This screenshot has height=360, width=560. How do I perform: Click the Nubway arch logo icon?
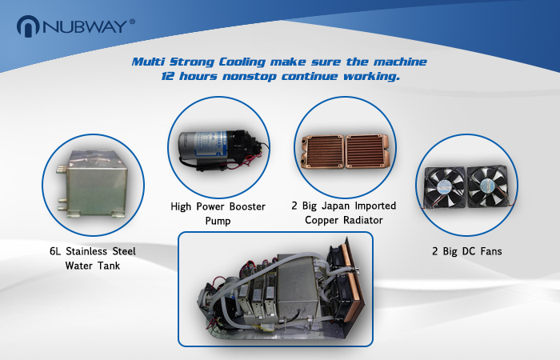point(28,26)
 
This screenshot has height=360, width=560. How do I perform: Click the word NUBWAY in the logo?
point(85,26)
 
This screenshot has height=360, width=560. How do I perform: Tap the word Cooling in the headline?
point(242,62)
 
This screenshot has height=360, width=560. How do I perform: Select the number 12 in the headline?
point(167,76)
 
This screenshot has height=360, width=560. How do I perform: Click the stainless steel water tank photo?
point(92,184)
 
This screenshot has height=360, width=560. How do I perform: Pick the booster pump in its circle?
point(222,150)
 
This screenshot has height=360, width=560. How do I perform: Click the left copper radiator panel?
point(322,151)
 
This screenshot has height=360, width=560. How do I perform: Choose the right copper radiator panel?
point(366,151)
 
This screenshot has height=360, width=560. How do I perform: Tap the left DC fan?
point(445,186)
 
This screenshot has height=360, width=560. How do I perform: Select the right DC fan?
point(488,186)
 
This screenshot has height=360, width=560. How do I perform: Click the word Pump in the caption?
point(218,221)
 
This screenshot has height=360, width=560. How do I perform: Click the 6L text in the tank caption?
point(55,251)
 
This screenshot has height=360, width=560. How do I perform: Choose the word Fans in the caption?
point(491,251)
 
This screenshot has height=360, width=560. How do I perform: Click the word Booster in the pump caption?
point(247,206)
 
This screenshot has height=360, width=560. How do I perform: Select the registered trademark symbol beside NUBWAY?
point(133,22)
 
